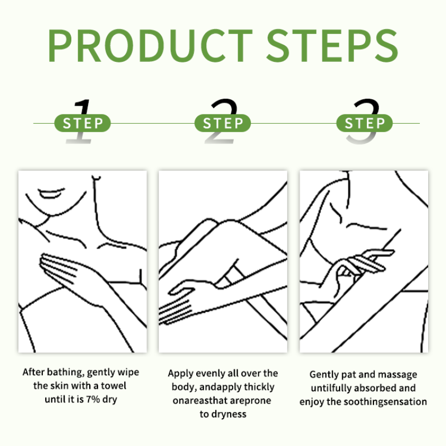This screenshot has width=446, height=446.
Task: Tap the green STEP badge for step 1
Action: [x=82, y=123]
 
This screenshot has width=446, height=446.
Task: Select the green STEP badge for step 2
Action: [x=222, y=123]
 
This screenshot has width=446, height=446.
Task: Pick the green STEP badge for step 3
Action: [x=365, y=123]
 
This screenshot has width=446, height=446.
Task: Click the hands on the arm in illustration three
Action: [x=357, y=265]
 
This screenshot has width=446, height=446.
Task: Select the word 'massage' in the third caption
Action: [x=398, y=375]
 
